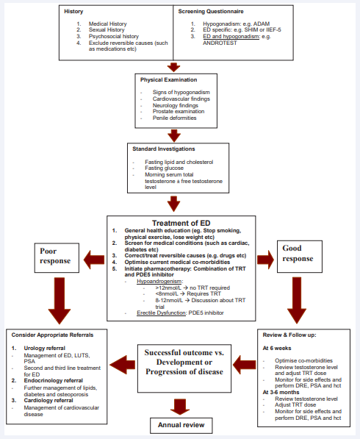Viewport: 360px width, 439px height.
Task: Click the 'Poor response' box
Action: (57, 258)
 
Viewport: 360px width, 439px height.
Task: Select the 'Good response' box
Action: (300, 257)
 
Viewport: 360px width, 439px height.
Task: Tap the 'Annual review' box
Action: (181, 425)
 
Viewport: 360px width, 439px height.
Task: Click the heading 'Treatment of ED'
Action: (181, 223)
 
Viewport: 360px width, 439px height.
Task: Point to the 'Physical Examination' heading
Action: (169, 80)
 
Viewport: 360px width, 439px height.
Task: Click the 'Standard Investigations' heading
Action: (164, 149)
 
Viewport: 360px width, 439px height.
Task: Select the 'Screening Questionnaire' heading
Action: (211, 12)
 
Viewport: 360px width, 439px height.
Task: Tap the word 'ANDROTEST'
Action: (220, 43)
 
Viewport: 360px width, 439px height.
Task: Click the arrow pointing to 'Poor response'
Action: (94, 260)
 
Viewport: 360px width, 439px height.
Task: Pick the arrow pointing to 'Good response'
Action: (265, 260)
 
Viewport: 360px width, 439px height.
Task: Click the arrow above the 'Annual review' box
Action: (180, 407)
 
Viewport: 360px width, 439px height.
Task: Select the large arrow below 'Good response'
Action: (297, 301)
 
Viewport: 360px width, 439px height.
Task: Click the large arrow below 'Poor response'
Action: (60, 301)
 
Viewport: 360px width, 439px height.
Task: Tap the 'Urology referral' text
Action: (45, 348)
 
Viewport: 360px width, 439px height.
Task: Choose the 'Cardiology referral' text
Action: (48, 401)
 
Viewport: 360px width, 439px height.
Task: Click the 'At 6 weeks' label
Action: (277, 349)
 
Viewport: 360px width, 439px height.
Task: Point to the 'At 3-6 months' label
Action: (281, 393)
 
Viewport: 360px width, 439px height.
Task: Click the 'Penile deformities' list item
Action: (175, 118)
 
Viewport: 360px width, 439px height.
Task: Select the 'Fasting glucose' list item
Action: (164, 168)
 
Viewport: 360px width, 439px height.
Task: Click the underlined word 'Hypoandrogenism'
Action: (159, 282)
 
